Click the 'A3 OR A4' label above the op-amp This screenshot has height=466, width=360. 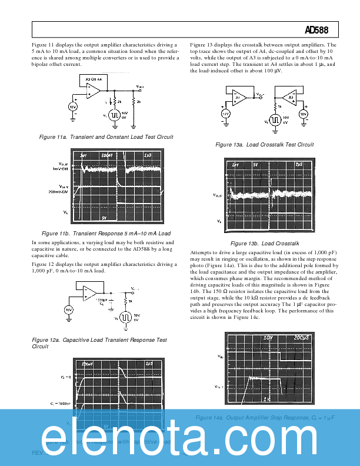coord(94,78)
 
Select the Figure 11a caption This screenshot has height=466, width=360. coord(106,137)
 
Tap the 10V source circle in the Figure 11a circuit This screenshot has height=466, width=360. coord(72,106)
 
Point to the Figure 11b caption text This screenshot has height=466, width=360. coord(106,234)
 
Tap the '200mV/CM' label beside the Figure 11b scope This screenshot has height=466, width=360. coord(59,191)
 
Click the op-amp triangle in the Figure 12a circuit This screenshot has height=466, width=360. coord(90,292)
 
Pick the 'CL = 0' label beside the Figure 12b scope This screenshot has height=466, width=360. coord(64,375)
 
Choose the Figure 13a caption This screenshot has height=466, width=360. coord(265,145)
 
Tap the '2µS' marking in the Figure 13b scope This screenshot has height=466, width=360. coord(299,164)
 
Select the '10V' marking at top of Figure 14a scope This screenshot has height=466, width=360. coord(269,338)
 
